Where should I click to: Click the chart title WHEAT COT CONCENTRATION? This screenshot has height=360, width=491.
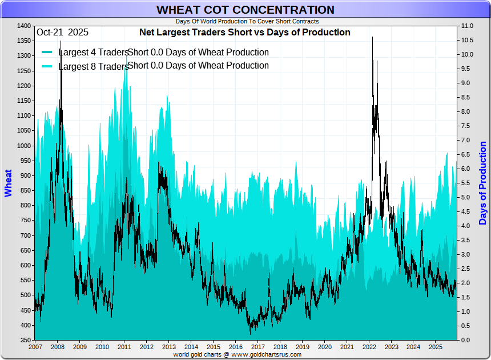(246, 10)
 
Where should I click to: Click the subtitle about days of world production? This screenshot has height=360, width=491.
(247, 21)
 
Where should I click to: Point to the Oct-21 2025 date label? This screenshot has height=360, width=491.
(62, 33)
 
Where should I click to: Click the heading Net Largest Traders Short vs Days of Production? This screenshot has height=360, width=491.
(245, 33)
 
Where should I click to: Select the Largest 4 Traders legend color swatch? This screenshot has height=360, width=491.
(47, 53)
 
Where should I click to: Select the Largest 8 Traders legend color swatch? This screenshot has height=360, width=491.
(47, 66)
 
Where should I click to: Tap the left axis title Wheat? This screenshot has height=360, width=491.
(8, 183)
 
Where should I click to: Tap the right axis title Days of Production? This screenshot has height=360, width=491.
(483, 183)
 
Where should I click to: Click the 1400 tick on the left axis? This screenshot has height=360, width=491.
(24, 26)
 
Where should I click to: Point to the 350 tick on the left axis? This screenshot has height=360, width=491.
(26, 341)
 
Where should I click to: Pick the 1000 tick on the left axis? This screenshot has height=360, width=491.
(24, 146)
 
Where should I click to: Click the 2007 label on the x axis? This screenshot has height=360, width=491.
(35, 347)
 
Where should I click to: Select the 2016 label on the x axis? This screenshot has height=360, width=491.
(235, 347)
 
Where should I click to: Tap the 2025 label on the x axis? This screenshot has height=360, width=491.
(436, 347)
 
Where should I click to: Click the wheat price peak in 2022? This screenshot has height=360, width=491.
(372, 38)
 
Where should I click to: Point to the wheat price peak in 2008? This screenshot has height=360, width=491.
(61, 41)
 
